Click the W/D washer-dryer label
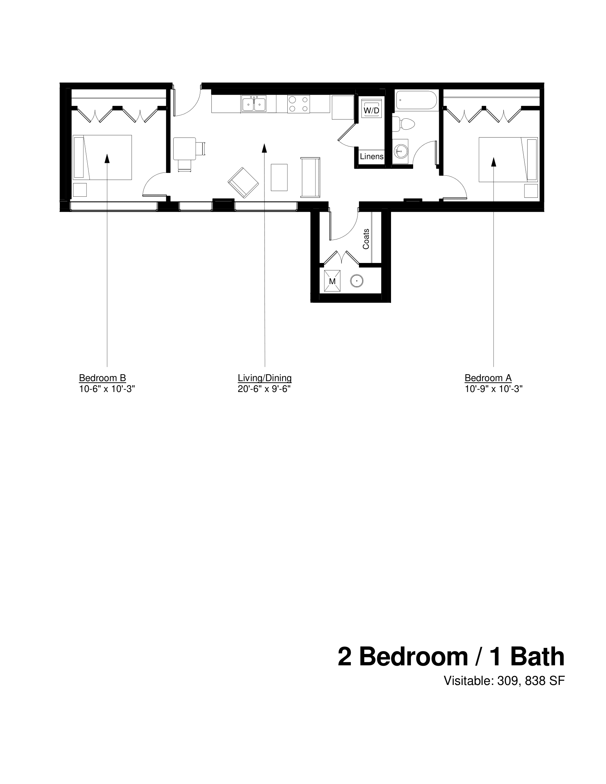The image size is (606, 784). point(371,110)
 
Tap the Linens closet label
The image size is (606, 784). point(371,156)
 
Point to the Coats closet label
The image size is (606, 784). point(366,239)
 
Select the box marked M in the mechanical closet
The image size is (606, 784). point(332,281)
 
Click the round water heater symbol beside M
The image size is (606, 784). point(356,281)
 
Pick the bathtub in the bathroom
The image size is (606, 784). point(416,100)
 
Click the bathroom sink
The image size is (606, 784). point(400,151)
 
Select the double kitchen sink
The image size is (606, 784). point(254,104)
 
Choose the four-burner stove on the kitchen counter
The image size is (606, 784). point(298,104)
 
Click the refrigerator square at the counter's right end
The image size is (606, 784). point(343,107)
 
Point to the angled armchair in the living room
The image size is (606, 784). point(243,182)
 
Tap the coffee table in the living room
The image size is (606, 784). point(279,177)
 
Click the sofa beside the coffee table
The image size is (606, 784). point(310,177)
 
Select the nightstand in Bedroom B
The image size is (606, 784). point(80,190)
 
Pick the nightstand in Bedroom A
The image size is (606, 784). point(531,191)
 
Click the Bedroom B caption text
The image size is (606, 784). point(102,378)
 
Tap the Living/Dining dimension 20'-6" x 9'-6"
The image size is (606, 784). point(264,389)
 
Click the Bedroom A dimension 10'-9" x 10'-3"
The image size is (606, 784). point(493,389)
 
